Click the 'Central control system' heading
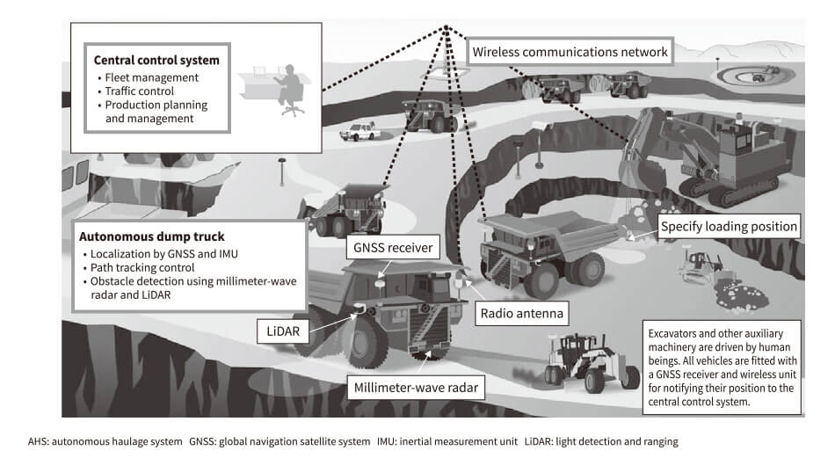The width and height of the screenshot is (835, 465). (x=156, y=61)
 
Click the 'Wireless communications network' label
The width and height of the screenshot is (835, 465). (x=570, y=52)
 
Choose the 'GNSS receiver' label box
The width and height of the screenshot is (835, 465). (x=394, y=248)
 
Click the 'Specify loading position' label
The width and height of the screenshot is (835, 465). (x=730, y=226)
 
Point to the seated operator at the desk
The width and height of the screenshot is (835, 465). (x=287, y=89)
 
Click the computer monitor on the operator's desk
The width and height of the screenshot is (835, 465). (x=260, y=69)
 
